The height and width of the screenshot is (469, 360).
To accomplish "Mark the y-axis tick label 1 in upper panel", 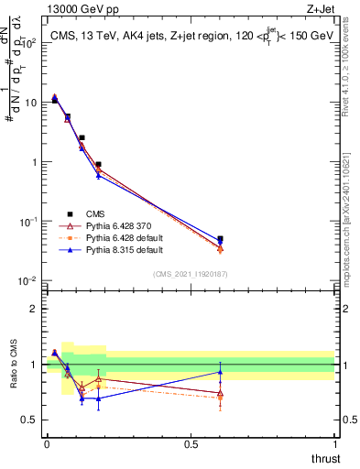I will click(x=32, y=162).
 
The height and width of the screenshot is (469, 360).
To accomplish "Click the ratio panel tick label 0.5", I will click(x=31, y=420).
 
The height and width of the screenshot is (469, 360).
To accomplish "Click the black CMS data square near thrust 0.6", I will click(x=220, y=239).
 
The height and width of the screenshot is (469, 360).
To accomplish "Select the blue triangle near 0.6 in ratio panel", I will click(x=220, y=372).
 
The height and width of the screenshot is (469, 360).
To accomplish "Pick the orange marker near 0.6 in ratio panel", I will click(x=220, y=398).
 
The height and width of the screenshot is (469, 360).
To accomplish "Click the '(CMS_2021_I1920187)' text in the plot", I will click(x=191, y=272).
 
